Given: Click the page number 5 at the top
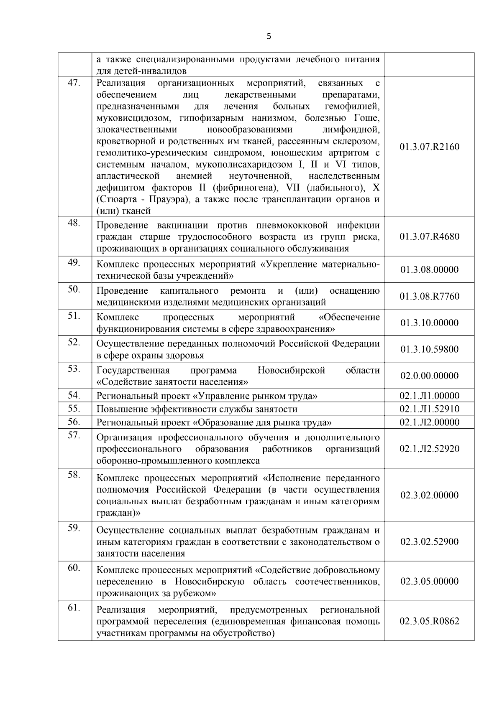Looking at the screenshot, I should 269,36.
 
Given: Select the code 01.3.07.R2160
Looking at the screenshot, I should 429,147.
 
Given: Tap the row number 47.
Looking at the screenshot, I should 74,83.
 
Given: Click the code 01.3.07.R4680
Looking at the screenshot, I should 429,236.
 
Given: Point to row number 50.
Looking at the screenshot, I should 74,289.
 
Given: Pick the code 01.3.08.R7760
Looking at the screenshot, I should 429,296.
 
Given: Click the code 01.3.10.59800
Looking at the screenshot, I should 429,349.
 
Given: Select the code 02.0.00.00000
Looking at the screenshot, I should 429,376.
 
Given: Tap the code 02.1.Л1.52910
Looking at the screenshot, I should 429,409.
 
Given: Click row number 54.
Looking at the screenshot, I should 74,395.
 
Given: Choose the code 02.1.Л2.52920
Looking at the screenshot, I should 429,449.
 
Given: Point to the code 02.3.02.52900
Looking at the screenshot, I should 429,541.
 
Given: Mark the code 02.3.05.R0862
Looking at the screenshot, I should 429,621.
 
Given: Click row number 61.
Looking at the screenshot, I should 74,607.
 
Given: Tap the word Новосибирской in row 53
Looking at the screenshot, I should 291,370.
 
